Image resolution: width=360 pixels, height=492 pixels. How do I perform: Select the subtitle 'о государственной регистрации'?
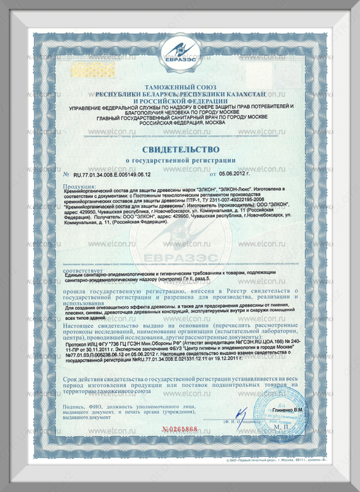coord(181,161)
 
